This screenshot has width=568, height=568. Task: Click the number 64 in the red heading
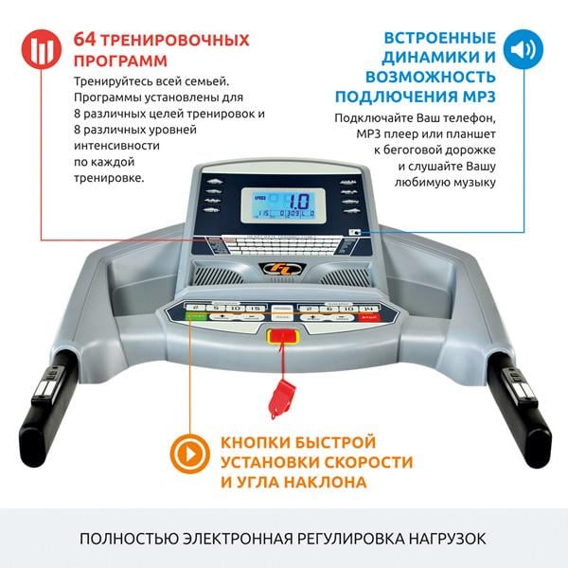tap(83, 41)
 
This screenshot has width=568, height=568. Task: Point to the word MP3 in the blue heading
tap(475, 97)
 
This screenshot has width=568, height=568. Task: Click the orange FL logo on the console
tap(282, 271)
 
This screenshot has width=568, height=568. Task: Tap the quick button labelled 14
tap(368, 309)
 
